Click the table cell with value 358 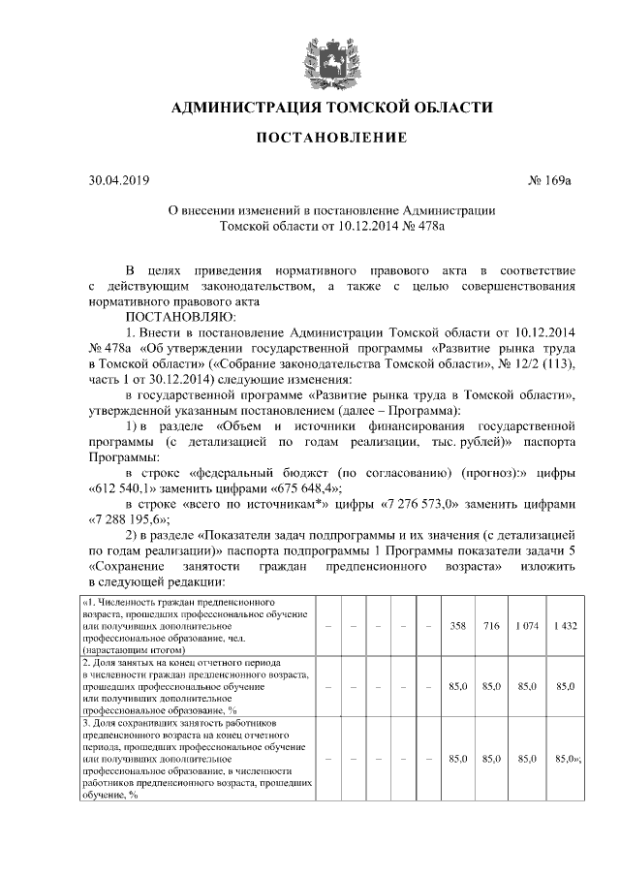tap(459, 625)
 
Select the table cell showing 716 tap(491, 625)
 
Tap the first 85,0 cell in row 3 tap(459, 757)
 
